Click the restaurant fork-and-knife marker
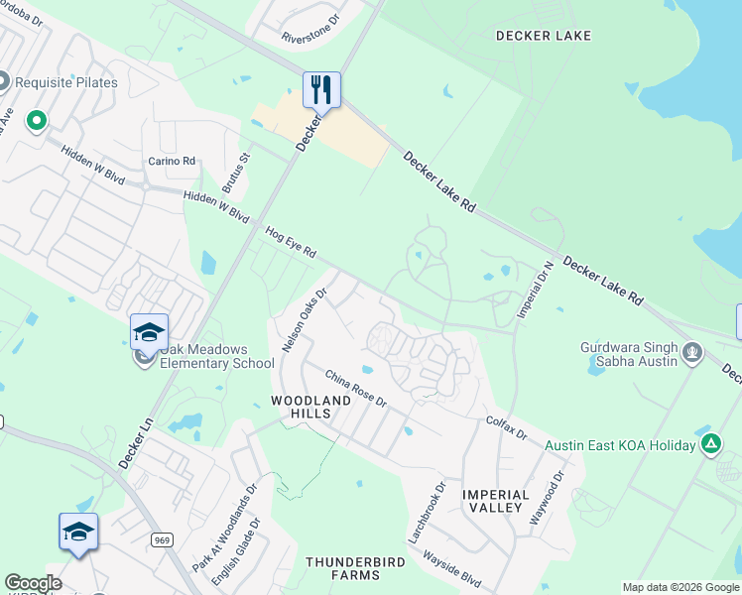coord(321,90)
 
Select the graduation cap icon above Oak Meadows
coord(149,332)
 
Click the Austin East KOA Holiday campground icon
coord(710,444)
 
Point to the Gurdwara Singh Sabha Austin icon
coord(692,351)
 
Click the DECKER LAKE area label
coord(545,37)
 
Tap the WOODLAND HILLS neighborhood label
coord(311,407)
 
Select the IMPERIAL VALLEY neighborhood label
coord(492,501)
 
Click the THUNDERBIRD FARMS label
coord(343,568)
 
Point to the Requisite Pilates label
coord(68,82)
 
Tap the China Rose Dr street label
coord(356,387)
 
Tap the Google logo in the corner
coord(33,583)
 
